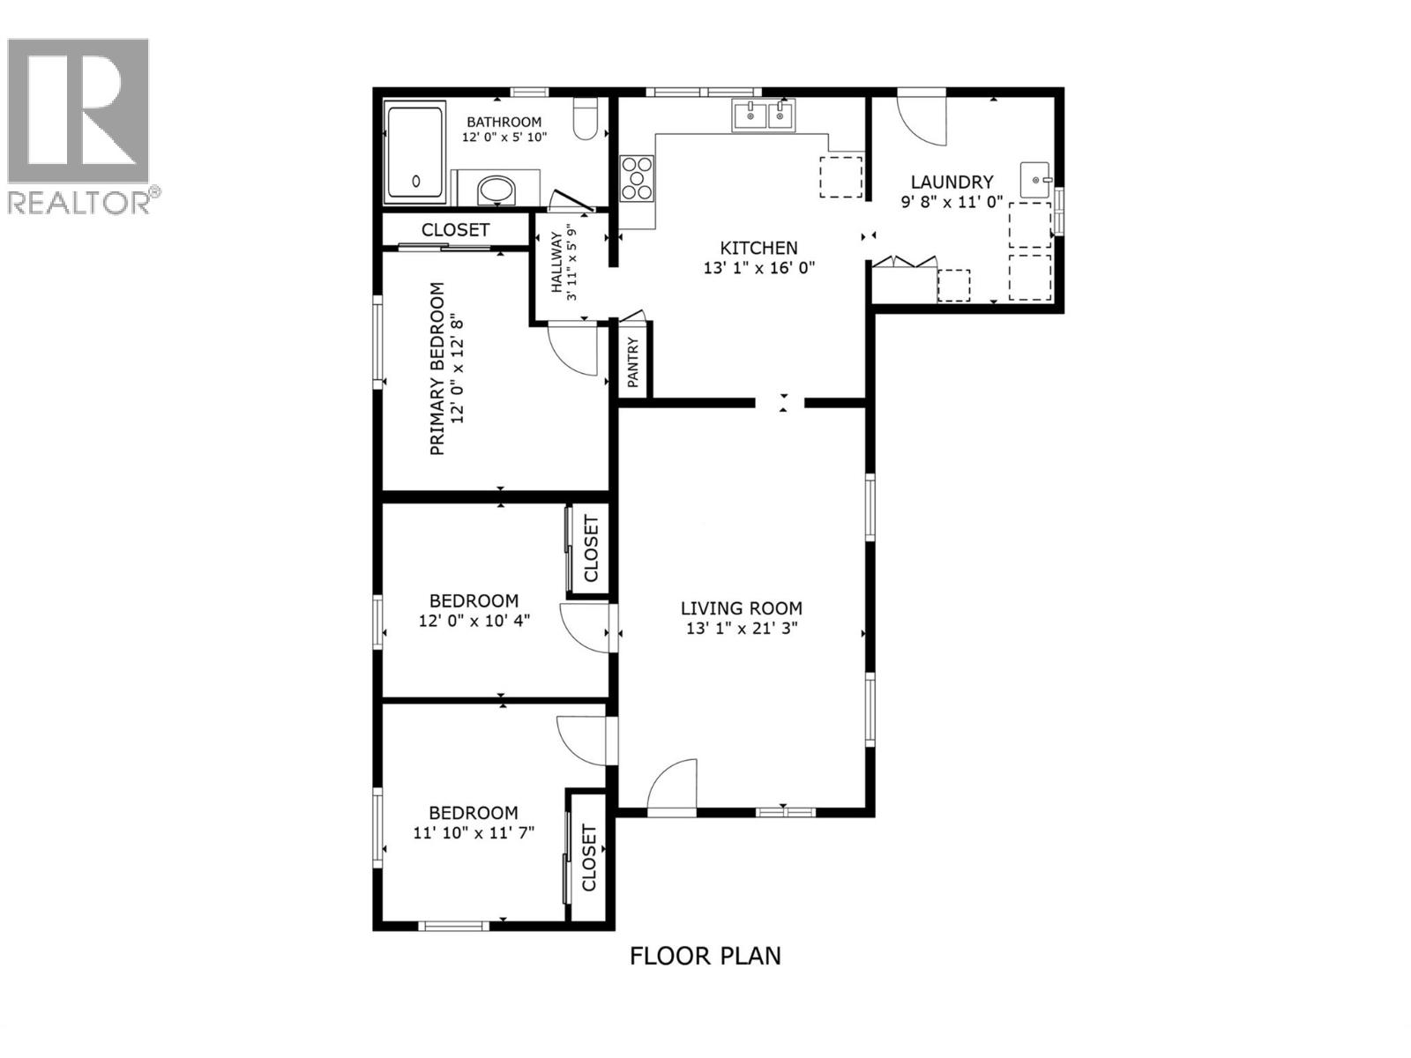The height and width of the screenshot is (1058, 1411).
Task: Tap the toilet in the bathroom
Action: pos(586,121)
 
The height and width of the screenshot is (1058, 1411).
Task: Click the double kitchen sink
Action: pos(763,115)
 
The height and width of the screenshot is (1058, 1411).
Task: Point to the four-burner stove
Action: pos(637,178)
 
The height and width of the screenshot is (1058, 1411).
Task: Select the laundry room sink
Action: pos(1035,180)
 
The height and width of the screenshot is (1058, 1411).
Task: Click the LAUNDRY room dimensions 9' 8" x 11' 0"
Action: pos(952,201)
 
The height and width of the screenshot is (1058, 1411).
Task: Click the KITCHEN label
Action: pos(758,249)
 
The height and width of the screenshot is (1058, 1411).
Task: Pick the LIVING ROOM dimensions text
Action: pos(741,629)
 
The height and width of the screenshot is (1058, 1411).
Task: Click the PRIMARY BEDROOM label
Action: pos(437,369)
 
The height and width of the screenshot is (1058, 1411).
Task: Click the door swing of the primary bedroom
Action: pos(571,349)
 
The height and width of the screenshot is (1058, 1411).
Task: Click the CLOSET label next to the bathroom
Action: pos(455,230)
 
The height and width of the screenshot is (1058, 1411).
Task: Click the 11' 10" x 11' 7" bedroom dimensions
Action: pos(474,832)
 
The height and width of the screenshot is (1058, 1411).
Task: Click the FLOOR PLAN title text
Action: pos(705,956)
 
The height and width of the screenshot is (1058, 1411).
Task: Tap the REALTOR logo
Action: pos(79,123)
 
